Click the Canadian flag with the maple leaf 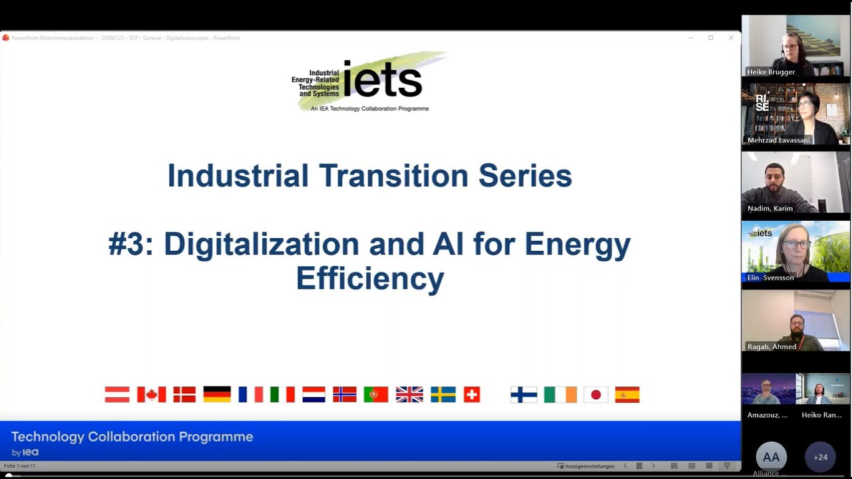151,395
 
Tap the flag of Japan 596,395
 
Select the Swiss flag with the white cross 471,395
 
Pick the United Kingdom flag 409,395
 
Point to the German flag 217,395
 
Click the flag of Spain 627,395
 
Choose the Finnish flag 524,395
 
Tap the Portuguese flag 375,395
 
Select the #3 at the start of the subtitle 130,244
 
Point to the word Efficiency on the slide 369,277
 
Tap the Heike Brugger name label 771,72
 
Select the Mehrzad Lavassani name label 778,140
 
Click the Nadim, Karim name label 770,208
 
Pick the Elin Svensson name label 770,277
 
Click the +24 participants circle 820,457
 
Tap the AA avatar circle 771,457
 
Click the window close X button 731,38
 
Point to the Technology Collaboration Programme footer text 132,437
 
